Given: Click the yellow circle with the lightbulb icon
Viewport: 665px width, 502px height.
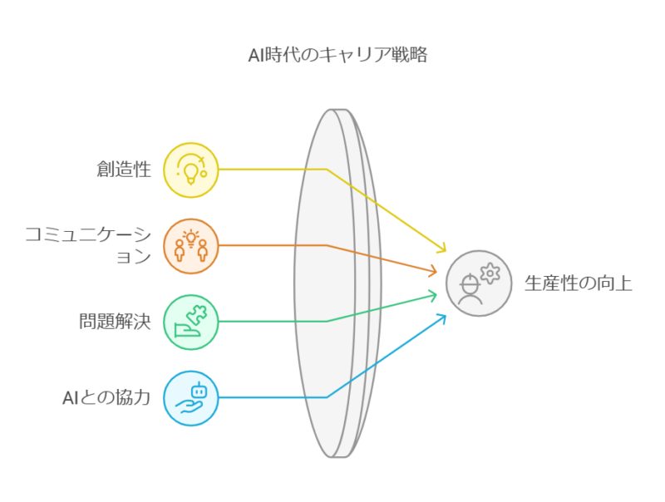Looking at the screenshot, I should tap(190, 170).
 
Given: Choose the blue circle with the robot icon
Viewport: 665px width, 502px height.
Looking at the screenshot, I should tap(190, 397).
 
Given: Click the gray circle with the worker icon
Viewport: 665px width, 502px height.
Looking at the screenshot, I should tap(478, 283).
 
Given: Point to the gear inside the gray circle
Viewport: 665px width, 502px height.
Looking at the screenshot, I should tap(490, 271).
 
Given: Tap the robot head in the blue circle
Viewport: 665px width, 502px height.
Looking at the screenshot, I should tap(198, 388).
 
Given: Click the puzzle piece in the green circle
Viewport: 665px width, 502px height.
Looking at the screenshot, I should tap(198, 314).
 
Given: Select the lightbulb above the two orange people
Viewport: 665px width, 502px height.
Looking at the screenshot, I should tap(190, 237).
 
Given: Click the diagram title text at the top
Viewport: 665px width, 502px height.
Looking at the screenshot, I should tap(337, 57).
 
